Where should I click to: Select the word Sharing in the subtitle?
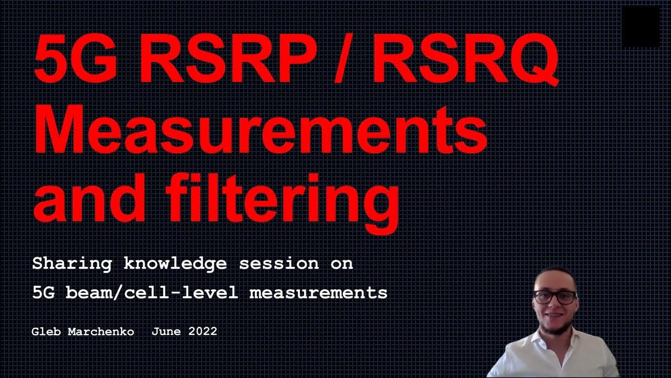coord(71,264)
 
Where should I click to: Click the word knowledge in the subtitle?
coord(175,264)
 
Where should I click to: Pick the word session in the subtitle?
coord(278,264)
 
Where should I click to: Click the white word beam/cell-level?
coord(151,292)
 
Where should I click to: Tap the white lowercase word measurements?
coord(318,292)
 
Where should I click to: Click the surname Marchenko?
coord(101,332)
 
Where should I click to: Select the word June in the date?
coord(165,332)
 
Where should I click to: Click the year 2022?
coord(202,332)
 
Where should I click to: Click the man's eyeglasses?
coord(555,297)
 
